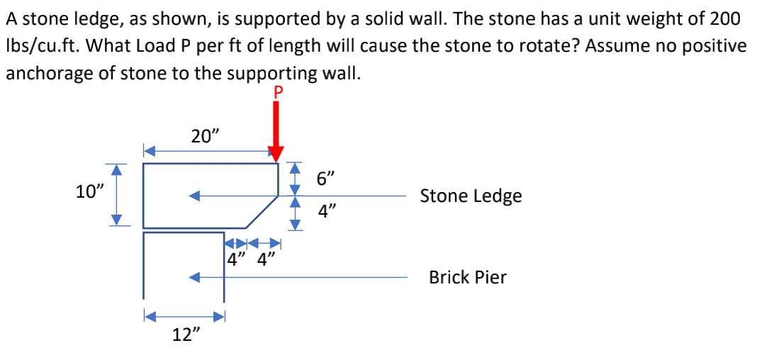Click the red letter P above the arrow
click(x=277, y=92)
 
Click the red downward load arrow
click(x=276, y=131)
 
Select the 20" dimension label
click(x=205, y=136)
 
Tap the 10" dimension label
click(x=89, y=191)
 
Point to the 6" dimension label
click(x=326, y=179)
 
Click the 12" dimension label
click(x=186, y=335)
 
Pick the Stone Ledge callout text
click(x=471, y=196)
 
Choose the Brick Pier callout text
click(x=467, y=277)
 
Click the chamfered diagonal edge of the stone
click(x=262, y=212)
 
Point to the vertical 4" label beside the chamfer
click(x=326, y=210)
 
